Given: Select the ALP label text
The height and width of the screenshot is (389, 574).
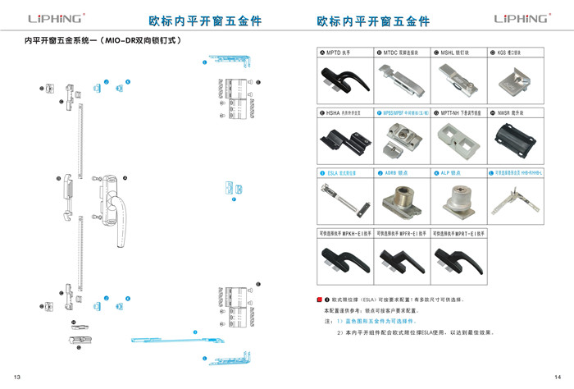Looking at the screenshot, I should (449, 173).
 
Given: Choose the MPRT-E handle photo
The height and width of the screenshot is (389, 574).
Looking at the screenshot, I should (460, 259).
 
